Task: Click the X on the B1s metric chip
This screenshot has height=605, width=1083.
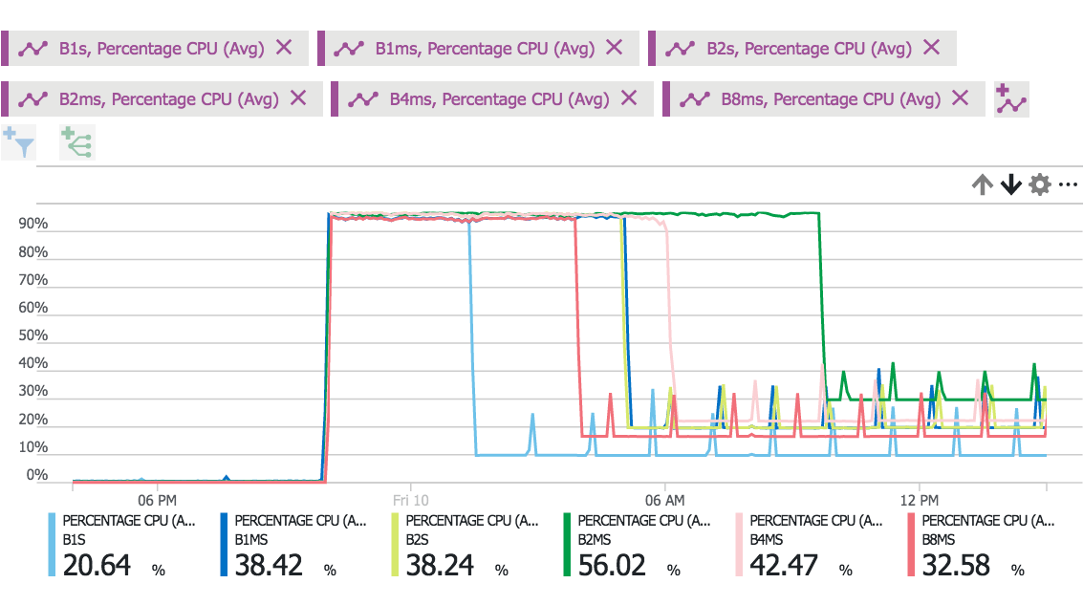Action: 284,48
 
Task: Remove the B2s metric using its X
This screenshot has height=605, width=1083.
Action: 931,48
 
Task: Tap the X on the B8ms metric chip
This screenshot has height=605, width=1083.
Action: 961,97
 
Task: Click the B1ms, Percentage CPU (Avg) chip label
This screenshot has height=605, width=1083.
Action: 485,49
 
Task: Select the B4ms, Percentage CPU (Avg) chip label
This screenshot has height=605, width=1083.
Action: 499,98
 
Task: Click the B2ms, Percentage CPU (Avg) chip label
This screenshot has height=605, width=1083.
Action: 168,98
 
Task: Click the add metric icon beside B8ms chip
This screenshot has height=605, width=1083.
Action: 1010,99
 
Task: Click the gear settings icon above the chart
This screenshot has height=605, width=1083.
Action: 1039,184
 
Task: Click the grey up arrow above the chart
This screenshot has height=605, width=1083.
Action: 982,184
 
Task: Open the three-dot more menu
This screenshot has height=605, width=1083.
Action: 1068,184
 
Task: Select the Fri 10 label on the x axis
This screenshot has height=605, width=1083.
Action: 410,500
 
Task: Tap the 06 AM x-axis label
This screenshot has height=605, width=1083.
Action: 664,500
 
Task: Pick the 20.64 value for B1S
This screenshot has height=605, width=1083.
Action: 97,565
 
